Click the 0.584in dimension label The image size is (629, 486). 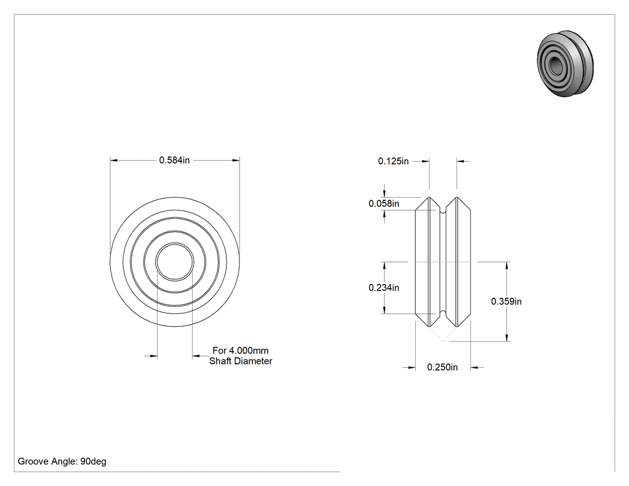tap(174, 160)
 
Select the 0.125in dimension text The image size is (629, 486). tap(393, 161)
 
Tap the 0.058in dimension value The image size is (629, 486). tap(384, 204)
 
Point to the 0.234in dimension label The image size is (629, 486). tap(384, 288)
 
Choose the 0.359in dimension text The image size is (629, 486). tap(506, 301)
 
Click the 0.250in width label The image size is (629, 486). tap(443, 367)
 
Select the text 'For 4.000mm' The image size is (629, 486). tap(241, 351)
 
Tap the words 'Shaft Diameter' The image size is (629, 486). tap(241, 361)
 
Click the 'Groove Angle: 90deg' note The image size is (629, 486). tap(62, 461)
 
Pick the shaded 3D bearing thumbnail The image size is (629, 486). tap(566, 63)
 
